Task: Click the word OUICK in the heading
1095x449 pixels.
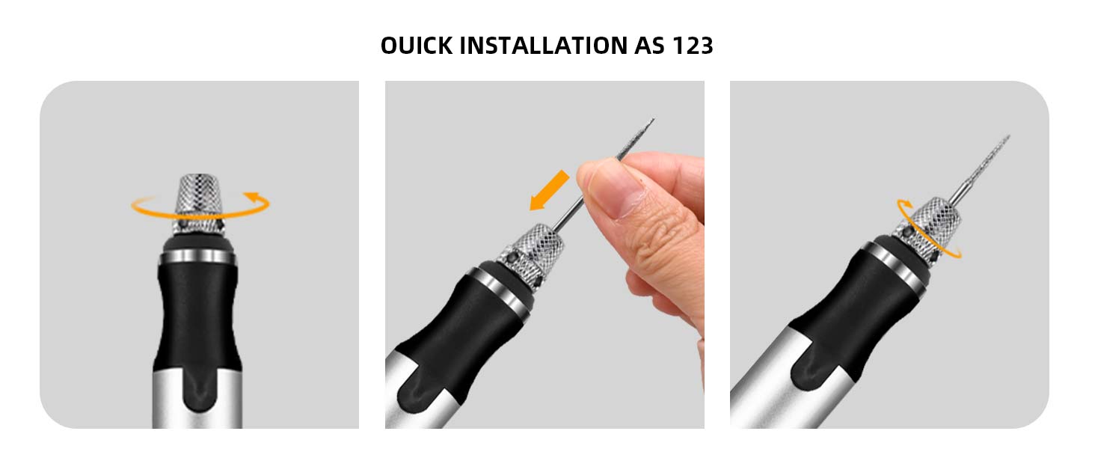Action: pos(415,46)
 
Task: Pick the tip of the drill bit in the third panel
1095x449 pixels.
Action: pos(1007,137)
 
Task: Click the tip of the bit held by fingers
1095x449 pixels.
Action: pos(652,120)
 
